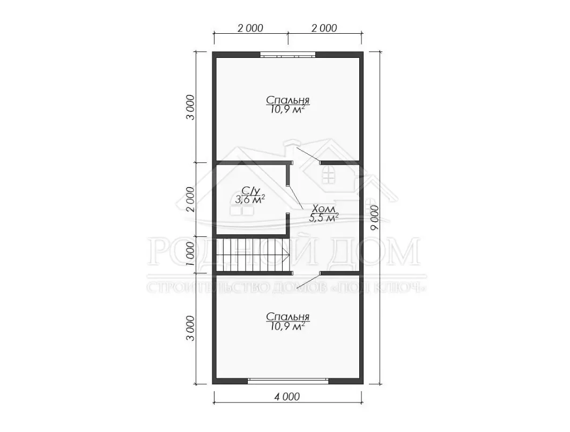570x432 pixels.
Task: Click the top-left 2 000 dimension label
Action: pyautogui.click(x=250, y=28)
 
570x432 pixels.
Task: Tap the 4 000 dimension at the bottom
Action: pyautogui.click(x=287, y=397)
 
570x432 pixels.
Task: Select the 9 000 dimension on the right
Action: pyautogui.click(x=374, y=218)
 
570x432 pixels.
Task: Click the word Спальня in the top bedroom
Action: pyautogui.click(x=287, y=100)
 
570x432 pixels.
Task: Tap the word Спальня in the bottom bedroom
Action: pyautogui.click(x=287, y=316)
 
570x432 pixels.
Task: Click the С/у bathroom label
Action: pyautogui.click(x=251, y=190)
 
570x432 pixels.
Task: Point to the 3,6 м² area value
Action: pyautogui.click(x=250, y=199)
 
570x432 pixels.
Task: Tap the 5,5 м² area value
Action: pyautogui.click(x=324, y=218)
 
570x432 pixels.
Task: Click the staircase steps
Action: pyautogui.click(x=252, y=255)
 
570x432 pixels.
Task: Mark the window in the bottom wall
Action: pyautogui.click(x=288, y=381)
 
